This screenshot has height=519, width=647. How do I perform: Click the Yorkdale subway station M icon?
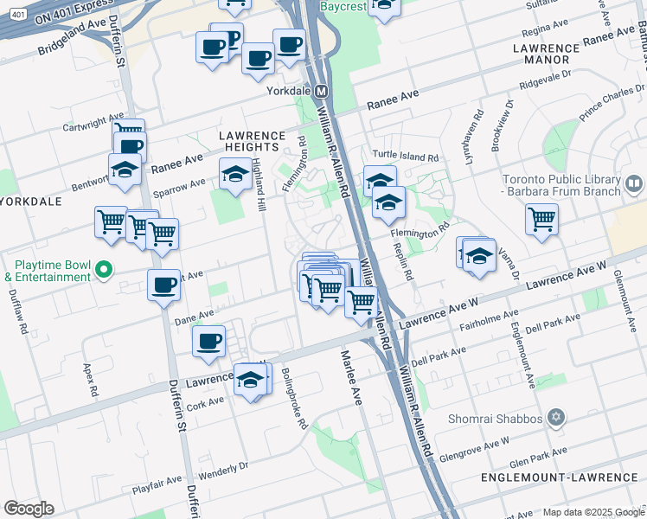321,91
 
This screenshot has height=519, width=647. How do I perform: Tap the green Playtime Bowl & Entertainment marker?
105,269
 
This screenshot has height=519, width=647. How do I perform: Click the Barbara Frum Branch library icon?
633,183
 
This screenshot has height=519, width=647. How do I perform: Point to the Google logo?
29,509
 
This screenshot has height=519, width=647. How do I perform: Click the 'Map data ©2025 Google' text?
593,512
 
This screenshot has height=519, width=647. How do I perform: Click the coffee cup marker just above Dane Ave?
163,285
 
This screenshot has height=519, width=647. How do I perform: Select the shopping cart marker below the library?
541,219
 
